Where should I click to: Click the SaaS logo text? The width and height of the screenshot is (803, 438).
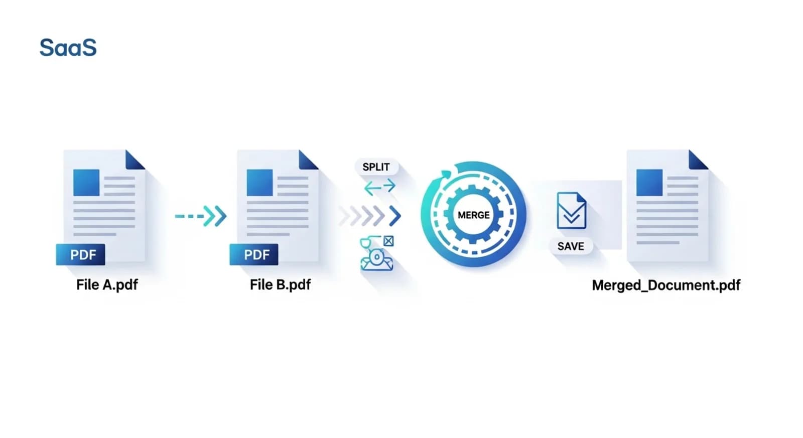click(68, 47)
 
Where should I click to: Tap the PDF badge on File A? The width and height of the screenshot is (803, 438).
click(81, 254)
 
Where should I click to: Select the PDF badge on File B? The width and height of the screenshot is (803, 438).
click(254, 254)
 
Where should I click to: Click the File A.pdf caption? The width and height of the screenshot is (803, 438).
click(107, 285)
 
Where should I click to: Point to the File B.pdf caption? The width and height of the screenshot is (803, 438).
click(281, 285)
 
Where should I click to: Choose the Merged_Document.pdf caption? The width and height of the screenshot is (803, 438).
click(666, 285)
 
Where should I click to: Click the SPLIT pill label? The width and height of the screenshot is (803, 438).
click(376, 167)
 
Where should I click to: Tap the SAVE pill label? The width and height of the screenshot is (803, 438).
click(571, 246)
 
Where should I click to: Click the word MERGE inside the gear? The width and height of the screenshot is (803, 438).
click(474, 215)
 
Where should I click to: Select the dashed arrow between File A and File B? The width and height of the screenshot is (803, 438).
click(201, 216)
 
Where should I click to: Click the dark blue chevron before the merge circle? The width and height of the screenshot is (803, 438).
click(395, 216)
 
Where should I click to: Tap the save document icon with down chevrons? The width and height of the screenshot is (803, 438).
click(572, 211)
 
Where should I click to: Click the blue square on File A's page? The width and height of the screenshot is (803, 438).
click(86, 183)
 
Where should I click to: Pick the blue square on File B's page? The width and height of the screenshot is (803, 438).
click(259, 183)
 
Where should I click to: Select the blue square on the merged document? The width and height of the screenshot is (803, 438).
click(649, 183)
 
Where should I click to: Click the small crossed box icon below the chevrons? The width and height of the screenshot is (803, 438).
click(388, 241)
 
